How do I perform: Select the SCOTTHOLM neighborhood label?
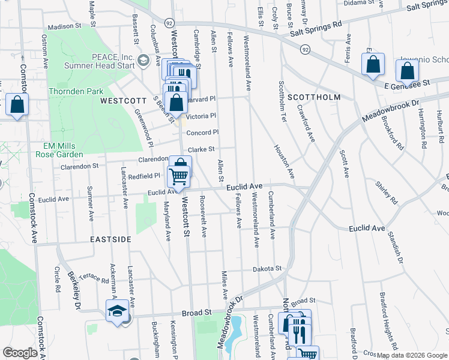pos(313,97)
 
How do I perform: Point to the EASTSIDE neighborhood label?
pos(110,239)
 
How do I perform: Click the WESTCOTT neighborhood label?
pos(123,101)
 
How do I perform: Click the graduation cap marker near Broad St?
pos(117,311)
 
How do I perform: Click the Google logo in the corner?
pos(20,353)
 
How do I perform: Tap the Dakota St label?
pos(267,269)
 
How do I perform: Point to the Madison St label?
pos(64,26)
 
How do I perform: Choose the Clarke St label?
pos(201,149)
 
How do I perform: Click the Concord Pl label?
pos(202,133)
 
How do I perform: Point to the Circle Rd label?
pos(58,280)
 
